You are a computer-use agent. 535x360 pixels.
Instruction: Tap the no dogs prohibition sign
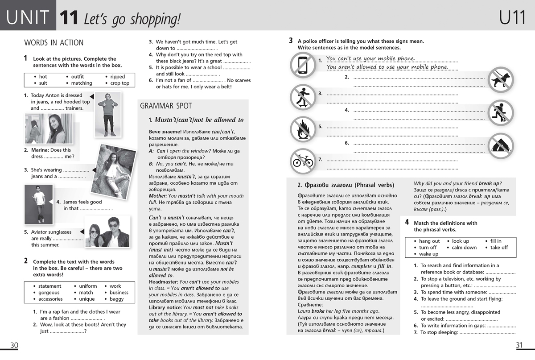500,80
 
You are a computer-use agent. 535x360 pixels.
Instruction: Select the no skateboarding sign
303,97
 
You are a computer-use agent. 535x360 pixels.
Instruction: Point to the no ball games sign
500,112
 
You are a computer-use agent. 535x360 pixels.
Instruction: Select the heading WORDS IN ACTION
53,43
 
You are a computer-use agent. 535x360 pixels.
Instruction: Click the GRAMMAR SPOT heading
166,106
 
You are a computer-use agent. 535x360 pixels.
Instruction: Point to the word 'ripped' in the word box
118,77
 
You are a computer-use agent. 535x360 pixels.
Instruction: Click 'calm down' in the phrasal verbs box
464,248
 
